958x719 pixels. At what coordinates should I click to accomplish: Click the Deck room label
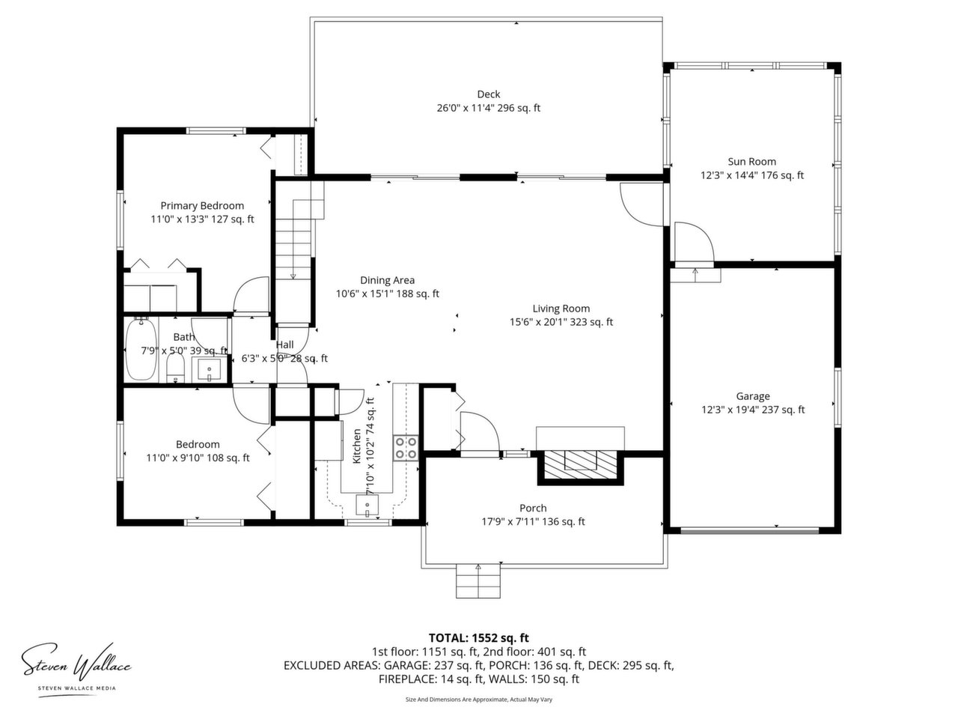click(x=489, y=94)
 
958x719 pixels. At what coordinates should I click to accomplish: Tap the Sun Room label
click(x=751, y=162)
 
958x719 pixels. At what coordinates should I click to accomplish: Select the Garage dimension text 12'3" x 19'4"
click(x=728, y=410)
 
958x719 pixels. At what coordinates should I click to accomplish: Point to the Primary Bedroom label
click(x=202, y=206)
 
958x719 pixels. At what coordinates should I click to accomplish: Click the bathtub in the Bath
click(x=141, y=349)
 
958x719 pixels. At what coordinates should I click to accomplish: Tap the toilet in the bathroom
click(x=175, y=368)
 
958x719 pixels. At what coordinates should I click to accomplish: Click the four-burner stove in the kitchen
click(x=406, y=448)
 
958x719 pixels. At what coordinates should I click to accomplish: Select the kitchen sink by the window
click(x=367, y=505)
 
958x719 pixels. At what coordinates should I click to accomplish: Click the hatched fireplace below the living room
click(x=580, y=467)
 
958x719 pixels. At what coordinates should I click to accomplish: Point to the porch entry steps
click(x=478, y=580)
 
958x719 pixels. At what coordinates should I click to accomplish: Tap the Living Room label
click(x=561, y=309)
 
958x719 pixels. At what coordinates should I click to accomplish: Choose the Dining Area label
click(x=387, y=280)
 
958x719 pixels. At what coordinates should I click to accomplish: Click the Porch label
click(x=533, y=508)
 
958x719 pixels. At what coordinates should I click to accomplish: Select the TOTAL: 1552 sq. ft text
click(x=478, y=638)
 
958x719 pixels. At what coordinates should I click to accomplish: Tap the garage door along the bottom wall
click(x=749, y=530)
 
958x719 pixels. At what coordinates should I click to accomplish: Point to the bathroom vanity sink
click(x=210, y=370)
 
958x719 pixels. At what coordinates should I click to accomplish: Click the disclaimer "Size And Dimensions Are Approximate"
click(x=455, y=700)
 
